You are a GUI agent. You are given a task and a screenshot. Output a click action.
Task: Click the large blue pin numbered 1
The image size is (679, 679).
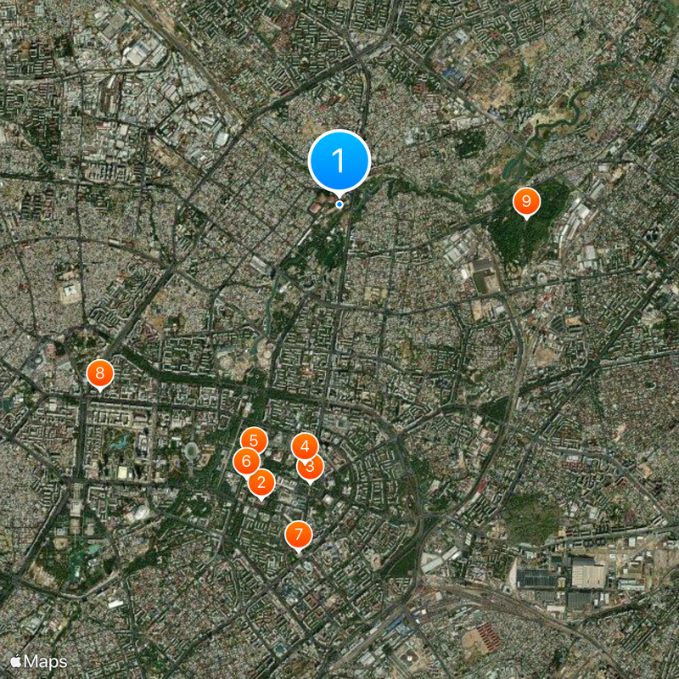[x=339, y=160]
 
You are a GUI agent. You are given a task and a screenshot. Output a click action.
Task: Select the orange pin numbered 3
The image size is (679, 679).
[x=310, y=466]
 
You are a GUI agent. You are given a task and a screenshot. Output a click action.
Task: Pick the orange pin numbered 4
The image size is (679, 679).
[x=305, y=446]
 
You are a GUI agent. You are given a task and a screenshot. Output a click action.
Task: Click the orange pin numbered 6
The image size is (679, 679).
[x=246, y=461]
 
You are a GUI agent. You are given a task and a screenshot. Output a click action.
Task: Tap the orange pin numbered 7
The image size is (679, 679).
[x=298, y=535]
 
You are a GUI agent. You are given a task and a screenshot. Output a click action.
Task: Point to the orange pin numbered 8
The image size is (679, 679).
[x=100, y=372]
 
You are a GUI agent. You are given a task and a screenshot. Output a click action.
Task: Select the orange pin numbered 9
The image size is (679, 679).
[x=526, y=201]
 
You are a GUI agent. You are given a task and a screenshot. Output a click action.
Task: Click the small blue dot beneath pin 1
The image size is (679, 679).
[x=339, y=204]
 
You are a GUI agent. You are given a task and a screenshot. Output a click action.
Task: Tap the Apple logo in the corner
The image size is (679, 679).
[x=16, y=659]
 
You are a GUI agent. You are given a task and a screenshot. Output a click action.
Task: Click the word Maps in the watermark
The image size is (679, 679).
[x=45, y=659]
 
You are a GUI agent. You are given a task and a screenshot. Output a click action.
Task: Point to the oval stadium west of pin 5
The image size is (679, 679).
[x=193, y=451]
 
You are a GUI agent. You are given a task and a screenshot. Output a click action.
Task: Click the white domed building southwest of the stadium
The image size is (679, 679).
[x=137, y=513]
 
